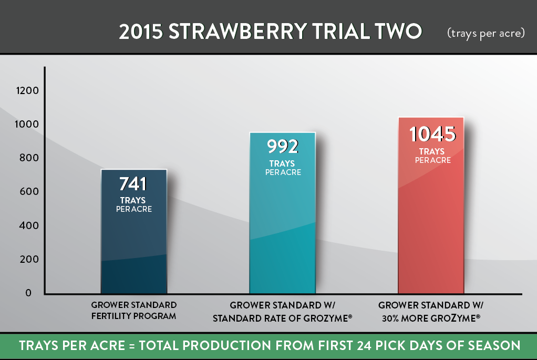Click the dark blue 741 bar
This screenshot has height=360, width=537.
[x=134, y=232]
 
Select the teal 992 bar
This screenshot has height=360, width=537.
[x=283, y=213]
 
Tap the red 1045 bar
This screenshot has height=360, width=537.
[x=431, y=205]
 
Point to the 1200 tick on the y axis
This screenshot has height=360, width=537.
[x=27, y=90]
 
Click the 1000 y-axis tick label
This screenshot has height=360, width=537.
[x=27, y=124]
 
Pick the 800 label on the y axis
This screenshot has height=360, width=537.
[x=29, y=158]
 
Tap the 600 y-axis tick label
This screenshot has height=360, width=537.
[x=29, y=191]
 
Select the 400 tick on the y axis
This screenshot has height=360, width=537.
[x=29, y=225]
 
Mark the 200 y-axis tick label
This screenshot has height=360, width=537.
[x=29, y=259]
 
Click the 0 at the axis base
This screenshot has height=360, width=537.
[x=28, y=293]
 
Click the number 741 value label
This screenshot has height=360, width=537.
[x=133, y=184]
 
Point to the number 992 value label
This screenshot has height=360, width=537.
[x=283, y=147]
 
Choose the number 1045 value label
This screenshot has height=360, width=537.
[x=432, y=134]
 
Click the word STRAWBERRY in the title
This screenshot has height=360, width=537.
[x=237, y=32]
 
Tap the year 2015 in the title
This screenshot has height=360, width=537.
[x=141, y=32]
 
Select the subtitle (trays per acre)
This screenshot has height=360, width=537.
[x=486, y=33]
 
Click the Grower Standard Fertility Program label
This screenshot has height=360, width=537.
[x=134, y=311]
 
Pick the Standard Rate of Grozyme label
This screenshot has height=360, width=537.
[x=283, y=318]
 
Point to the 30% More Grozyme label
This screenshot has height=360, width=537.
[x=431, y=318]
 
